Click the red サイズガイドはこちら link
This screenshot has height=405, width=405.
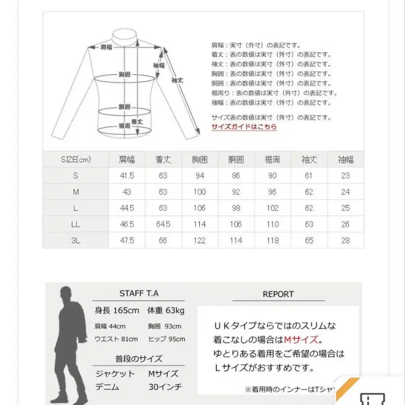(244, 127)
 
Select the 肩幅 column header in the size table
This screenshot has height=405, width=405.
(126, 160)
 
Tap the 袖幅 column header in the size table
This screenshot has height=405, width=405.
(345, 160)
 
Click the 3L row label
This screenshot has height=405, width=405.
(76, 240)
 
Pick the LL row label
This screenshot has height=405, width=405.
(76, 224)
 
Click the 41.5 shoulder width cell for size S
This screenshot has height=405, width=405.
(126, 176)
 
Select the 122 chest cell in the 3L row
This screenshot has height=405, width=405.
(199, 240)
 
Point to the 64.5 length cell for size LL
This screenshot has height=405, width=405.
(163, 224)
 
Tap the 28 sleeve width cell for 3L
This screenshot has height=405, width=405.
(345, 240)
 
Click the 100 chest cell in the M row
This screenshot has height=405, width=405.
(199, 192)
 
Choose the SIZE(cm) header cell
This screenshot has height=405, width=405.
(76, 160)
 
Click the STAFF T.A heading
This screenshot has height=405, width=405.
(139, 293)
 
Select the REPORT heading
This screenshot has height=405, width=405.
(278, 294)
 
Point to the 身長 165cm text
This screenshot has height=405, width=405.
(117, 310)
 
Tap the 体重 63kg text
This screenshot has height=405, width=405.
(166, 310)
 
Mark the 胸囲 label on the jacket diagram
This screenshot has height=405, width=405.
(125, 74)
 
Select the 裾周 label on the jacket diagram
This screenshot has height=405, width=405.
(124, 126)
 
